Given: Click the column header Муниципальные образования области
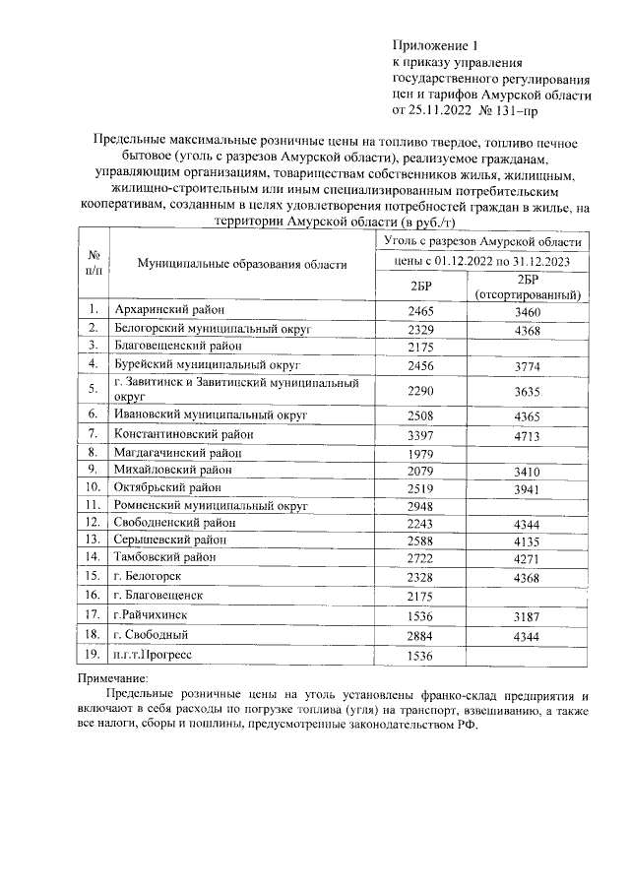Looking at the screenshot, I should (242, 265).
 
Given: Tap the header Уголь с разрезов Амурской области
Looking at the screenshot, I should (480, 240).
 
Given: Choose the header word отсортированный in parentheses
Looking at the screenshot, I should (530, 294).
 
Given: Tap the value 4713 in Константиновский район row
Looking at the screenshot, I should (530, 433).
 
